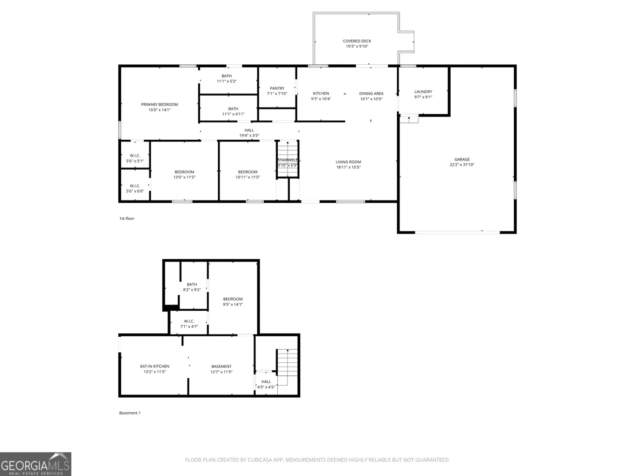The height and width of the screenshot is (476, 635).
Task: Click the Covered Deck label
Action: point(357,41)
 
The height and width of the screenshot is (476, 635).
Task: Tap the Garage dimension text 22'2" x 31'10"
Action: point(462,165)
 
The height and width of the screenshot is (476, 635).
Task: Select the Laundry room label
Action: point(423,92)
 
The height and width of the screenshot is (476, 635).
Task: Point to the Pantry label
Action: point(277,88)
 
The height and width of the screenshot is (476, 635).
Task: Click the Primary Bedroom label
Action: point(159,104)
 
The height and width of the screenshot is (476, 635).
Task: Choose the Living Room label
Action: point(348,162)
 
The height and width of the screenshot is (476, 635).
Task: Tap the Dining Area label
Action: point(371,93)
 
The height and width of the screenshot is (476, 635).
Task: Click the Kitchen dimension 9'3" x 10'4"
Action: point(321,99)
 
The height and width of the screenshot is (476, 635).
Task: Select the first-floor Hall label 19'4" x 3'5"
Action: point(249,133)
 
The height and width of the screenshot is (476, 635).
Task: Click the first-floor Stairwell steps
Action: point(287,159)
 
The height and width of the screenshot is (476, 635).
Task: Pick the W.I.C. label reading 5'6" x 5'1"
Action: point(135,158)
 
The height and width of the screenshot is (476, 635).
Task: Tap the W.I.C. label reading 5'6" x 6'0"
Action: point(135,189)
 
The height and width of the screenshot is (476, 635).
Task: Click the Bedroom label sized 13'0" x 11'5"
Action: point(184,174)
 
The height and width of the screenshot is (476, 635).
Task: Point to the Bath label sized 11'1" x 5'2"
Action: point(227,78)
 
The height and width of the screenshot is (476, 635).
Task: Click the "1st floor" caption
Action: point(127,218)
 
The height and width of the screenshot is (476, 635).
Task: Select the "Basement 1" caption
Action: point(130,413)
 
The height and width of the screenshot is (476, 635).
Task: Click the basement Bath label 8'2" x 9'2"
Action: point(191,287)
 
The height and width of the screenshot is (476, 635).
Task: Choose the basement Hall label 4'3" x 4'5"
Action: point(266,384)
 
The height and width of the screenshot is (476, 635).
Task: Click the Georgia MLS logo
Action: point(36,464)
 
